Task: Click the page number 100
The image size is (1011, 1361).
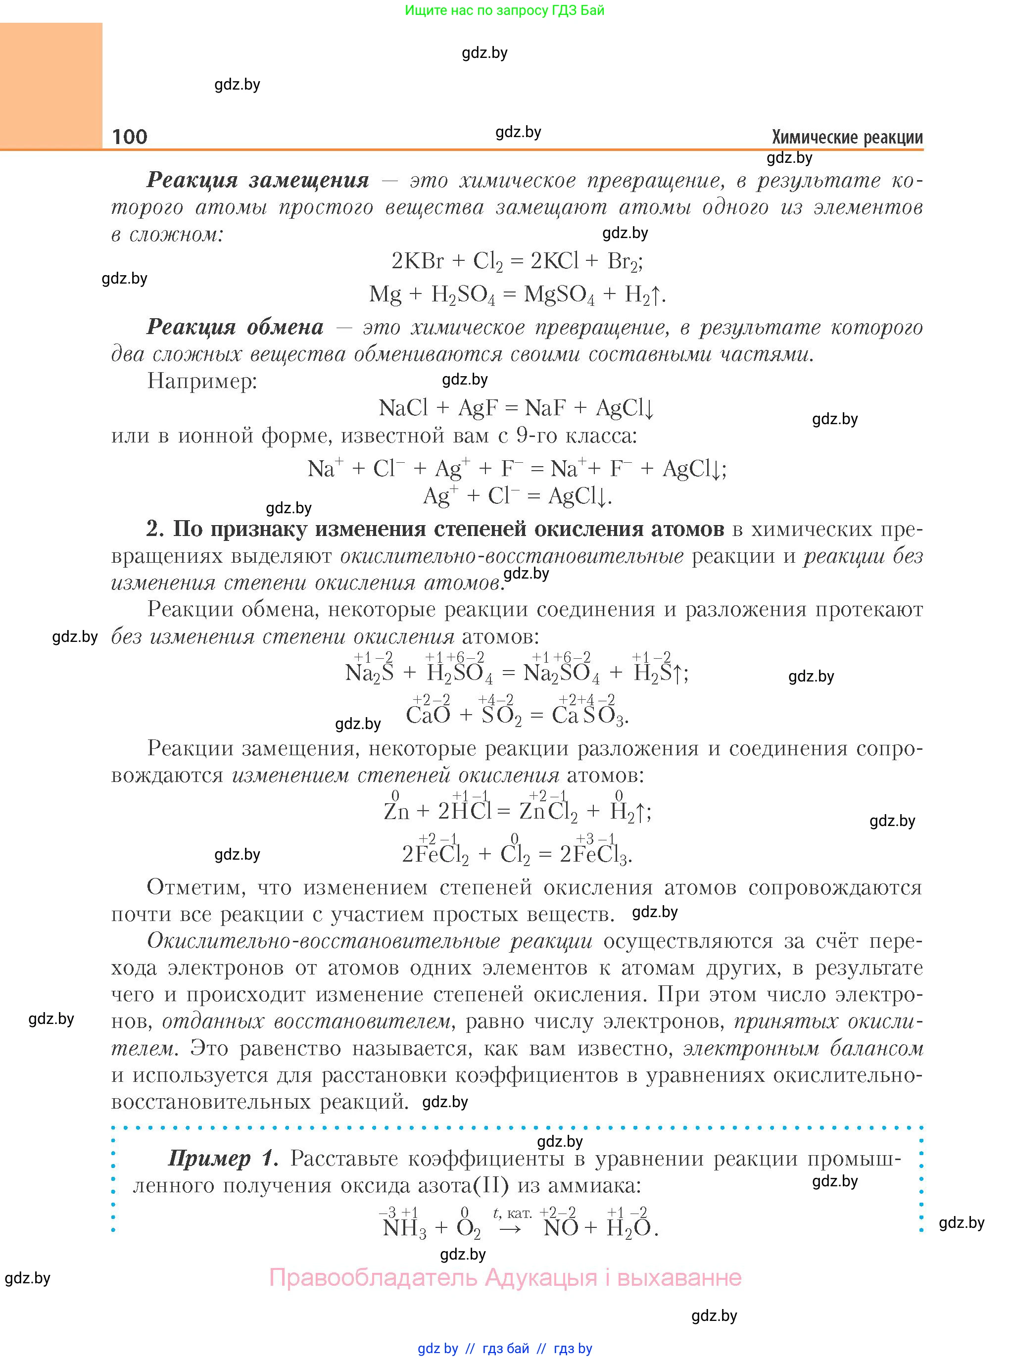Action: pos(130,137)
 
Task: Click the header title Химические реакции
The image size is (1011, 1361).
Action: pos(847,137)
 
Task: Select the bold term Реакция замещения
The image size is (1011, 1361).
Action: pos(258,181)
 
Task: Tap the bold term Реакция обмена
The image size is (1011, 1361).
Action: pos(235,328)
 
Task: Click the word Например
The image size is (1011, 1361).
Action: pos(202,381)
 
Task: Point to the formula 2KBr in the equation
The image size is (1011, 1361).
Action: pos(417,261)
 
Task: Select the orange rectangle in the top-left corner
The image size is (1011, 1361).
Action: pos(51,86)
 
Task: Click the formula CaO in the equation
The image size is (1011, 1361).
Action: pos(428,715)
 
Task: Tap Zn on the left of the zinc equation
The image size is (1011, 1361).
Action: pos(396,812)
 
